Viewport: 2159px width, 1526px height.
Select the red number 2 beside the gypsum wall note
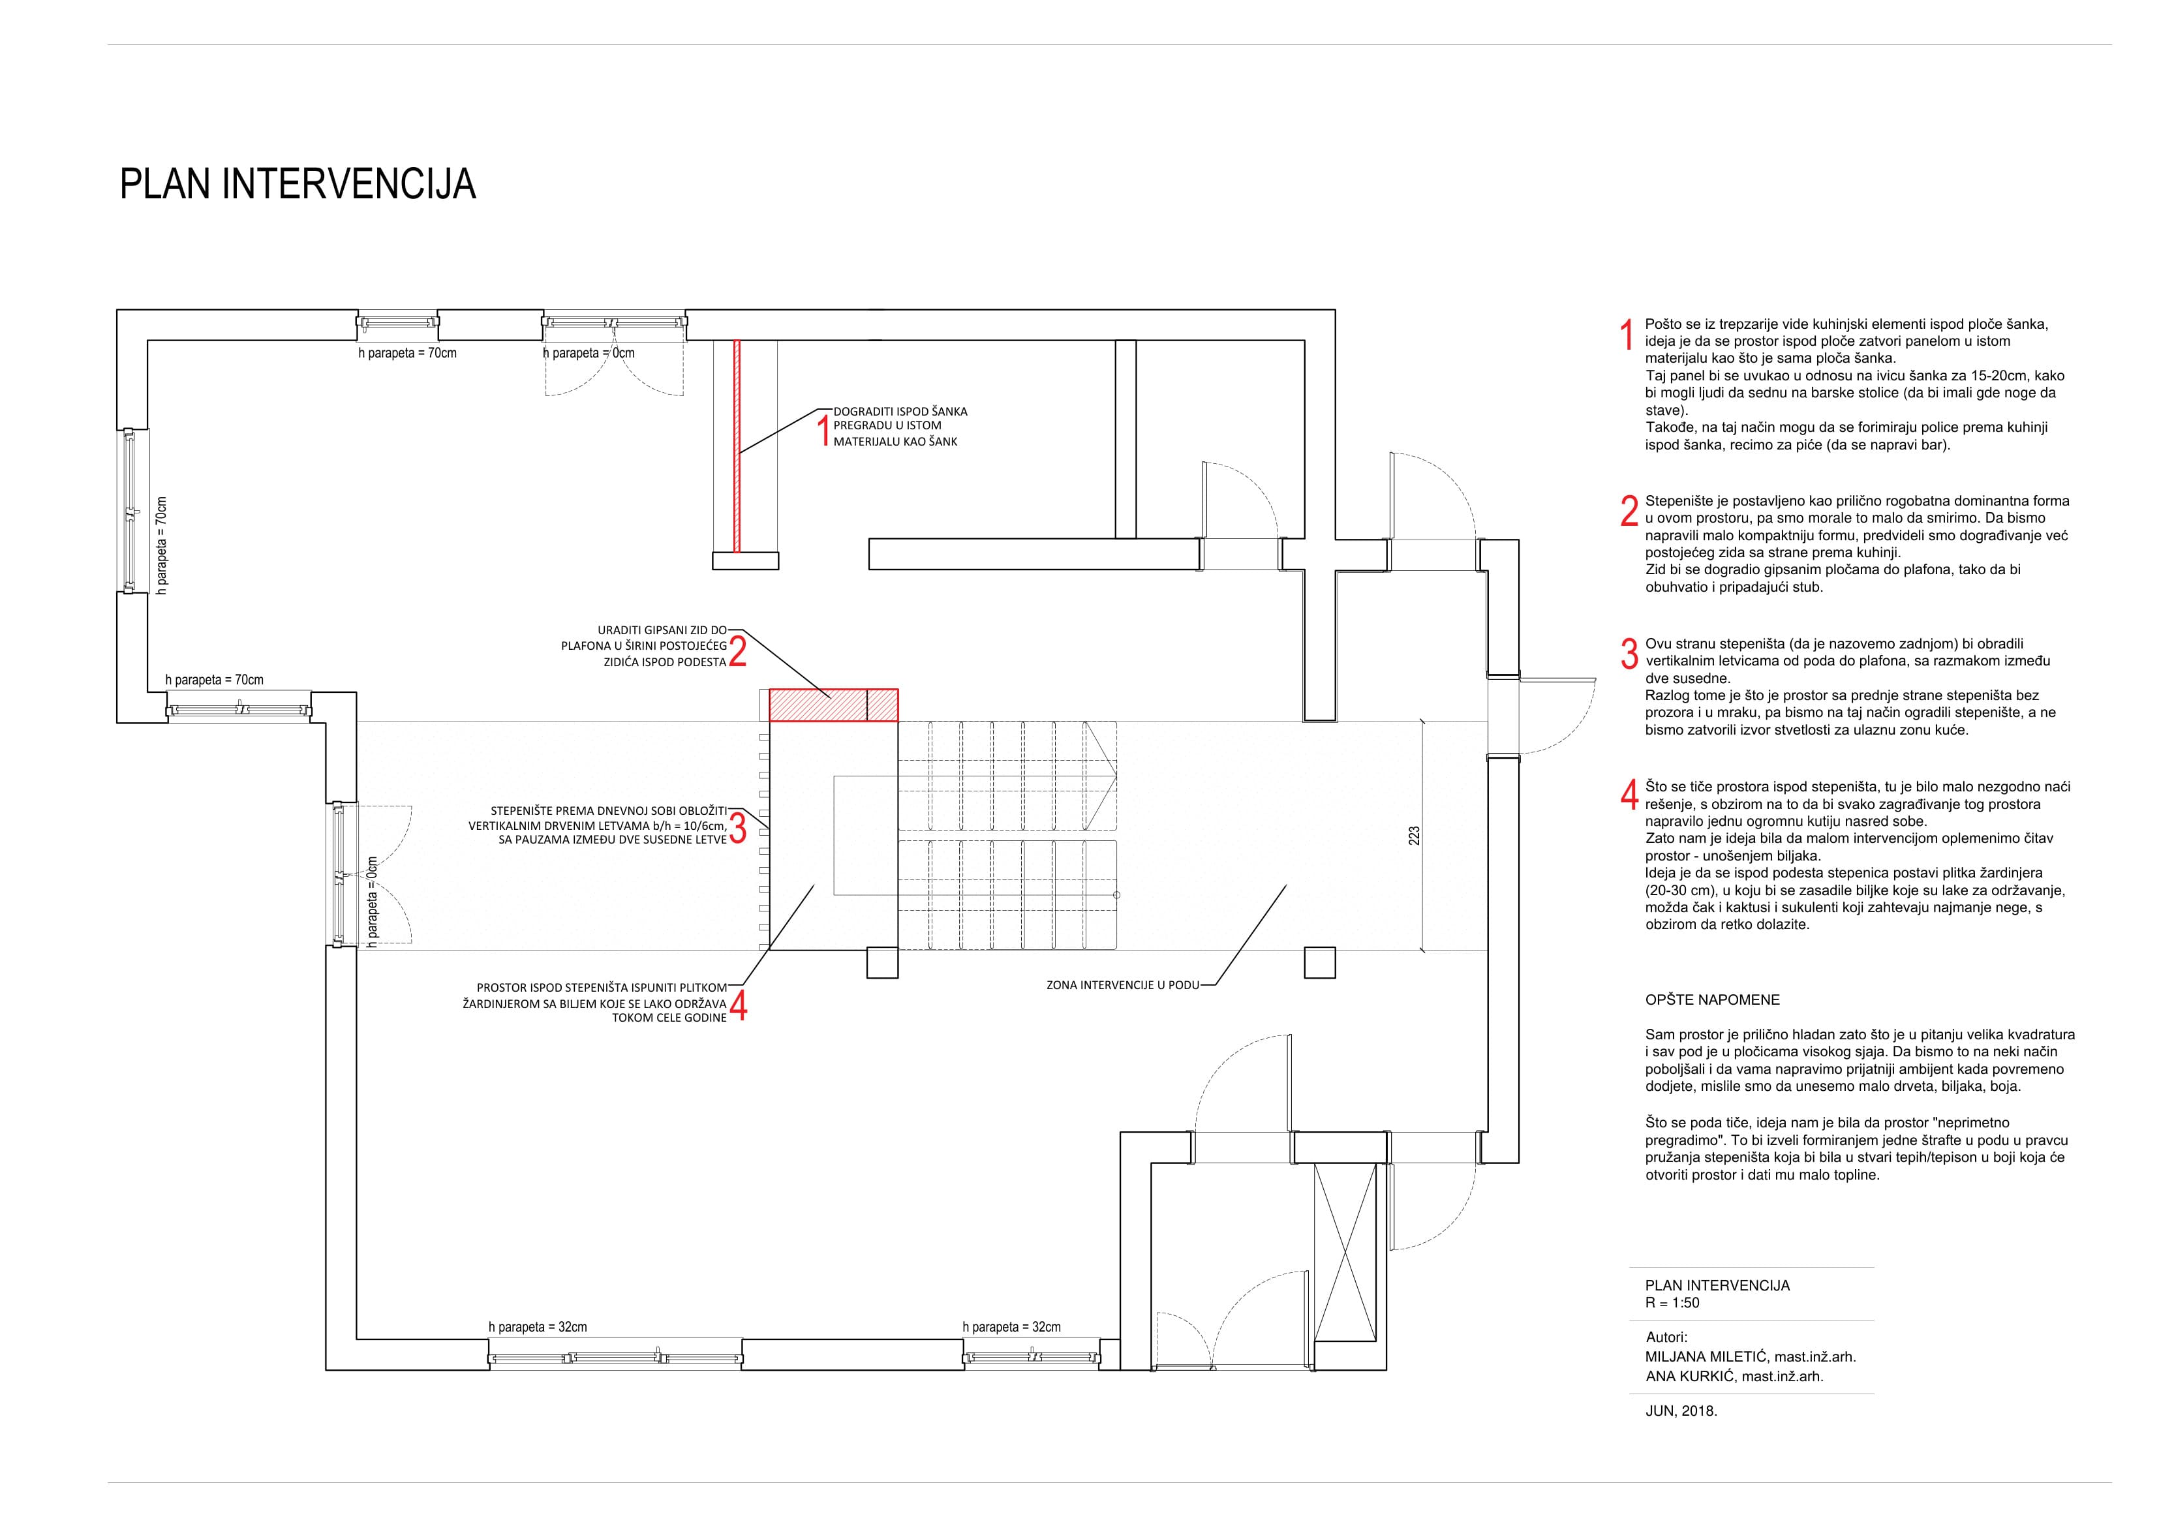738,650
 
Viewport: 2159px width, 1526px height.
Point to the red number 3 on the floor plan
738,827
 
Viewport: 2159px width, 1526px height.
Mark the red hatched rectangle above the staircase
833,705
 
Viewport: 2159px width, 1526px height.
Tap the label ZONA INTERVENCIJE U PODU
1123,985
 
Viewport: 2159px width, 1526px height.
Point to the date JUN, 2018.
1681,1438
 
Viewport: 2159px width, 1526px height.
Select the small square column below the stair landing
882,964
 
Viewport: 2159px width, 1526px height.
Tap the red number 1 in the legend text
1627,335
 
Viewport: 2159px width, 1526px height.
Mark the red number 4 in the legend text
1630,795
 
